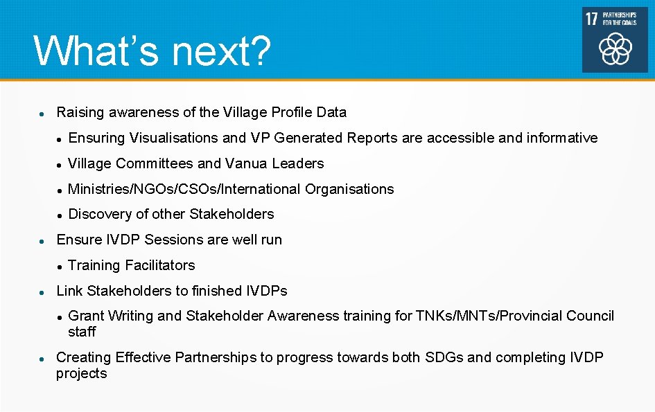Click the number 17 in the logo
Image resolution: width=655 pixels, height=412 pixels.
pyautogui.click(x=591, y=18)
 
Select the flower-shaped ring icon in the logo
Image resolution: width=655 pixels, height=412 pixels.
pyautogui.click(x=615, y=48)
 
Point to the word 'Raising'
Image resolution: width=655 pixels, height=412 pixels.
pyautogui.click(x=79, y=112)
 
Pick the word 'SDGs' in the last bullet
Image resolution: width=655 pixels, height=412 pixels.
pyautogui.click(x=444, y=357)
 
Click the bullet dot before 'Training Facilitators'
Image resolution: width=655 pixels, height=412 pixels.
pyautogui.click(x=60, y=266)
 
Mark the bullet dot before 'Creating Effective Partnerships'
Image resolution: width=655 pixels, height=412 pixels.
pyautogui.click(x=42, y=359)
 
